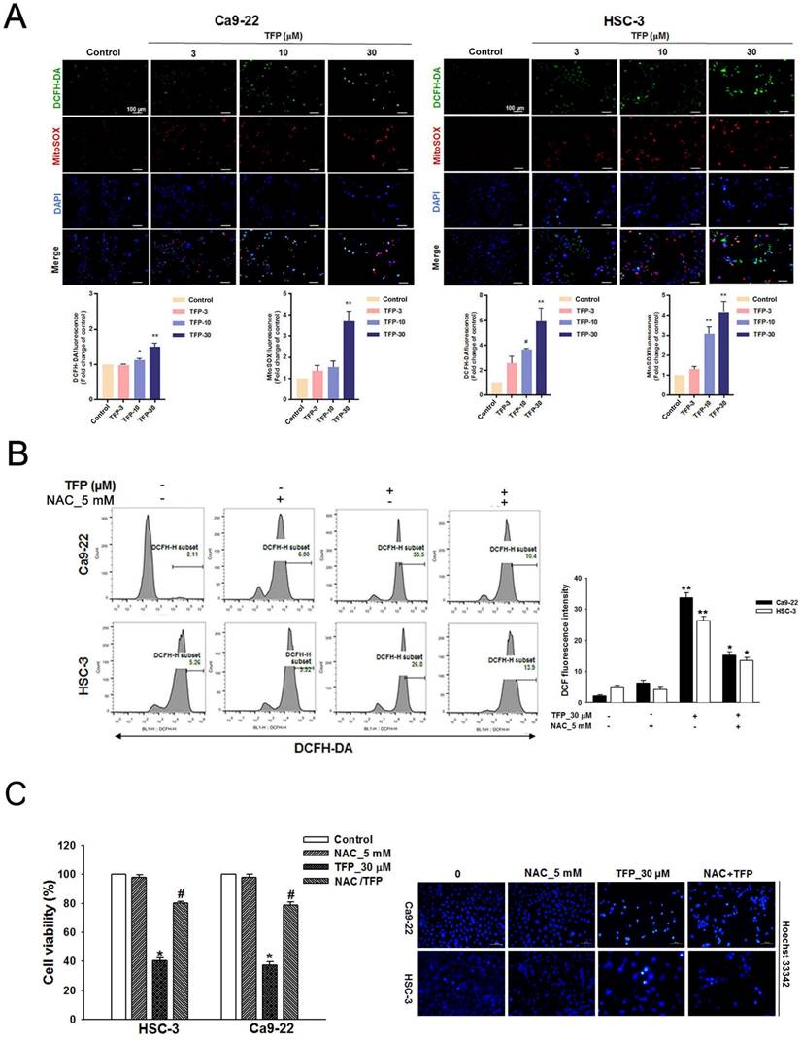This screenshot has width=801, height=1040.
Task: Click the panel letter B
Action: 17,453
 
